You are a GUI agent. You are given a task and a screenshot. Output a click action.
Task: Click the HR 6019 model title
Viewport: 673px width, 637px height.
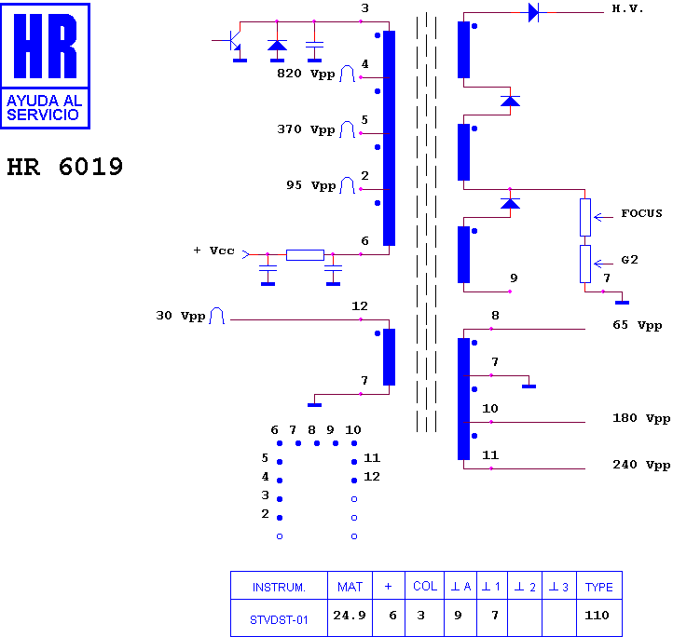pos(65,167)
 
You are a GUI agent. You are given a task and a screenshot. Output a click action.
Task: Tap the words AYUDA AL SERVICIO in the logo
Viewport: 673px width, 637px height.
pos(44,108)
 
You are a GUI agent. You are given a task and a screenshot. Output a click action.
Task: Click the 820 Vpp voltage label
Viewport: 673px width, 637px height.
pos(306,74)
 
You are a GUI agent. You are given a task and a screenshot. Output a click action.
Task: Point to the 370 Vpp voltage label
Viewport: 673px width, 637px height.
pos(306,129)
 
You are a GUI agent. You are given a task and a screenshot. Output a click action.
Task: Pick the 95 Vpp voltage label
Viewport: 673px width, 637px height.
pos(310,185)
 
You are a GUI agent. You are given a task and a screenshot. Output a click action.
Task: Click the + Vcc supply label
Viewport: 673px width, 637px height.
pos(213,251)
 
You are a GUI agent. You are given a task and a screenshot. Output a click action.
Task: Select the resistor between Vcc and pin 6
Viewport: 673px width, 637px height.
pos(305,255)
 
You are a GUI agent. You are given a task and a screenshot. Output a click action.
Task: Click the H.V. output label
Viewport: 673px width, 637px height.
pos(627,8)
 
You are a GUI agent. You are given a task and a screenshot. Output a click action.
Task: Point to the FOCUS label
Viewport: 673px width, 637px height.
pos(641,213)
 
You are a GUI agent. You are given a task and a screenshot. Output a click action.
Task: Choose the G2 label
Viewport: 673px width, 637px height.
pos(629,260)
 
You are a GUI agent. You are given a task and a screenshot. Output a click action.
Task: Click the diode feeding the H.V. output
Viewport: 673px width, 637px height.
pos(533,12)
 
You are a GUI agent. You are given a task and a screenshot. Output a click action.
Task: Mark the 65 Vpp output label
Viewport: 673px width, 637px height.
pos(638,325)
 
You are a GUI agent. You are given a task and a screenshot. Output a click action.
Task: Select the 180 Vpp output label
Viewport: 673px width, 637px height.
pos(641,418)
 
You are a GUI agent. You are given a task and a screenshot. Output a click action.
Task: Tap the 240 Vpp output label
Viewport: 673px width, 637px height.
pos(641,465)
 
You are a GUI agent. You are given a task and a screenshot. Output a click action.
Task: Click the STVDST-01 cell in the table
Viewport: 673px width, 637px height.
pos(279,620)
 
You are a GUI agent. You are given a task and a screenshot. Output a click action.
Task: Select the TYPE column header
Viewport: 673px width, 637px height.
pos(598,587)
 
